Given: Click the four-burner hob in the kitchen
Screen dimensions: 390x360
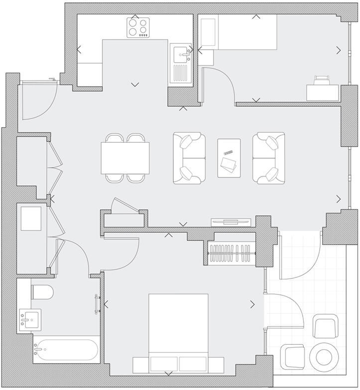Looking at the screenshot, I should click(x=138, y=27).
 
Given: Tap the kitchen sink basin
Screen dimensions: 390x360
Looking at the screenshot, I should click(x=181, y=52).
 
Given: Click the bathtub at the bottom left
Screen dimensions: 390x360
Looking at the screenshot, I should click(x=66, y=351).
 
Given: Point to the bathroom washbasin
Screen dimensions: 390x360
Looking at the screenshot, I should click(x=28, y=318).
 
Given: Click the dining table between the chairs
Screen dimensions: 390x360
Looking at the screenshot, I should click(x=125, y=157).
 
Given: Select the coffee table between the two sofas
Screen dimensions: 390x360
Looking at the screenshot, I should click(x=230, y=157).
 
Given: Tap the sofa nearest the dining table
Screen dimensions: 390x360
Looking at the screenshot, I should click(x=189, y=158).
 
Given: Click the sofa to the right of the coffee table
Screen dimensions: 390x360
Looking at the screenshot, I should click(x=268, y=158).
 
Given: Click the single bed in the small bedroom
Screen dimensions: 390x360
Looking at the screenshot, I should click(x=246, y=32).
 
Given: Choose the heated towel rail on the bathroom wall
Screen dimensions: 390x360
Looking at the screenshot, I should click(x=98, y=303).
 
